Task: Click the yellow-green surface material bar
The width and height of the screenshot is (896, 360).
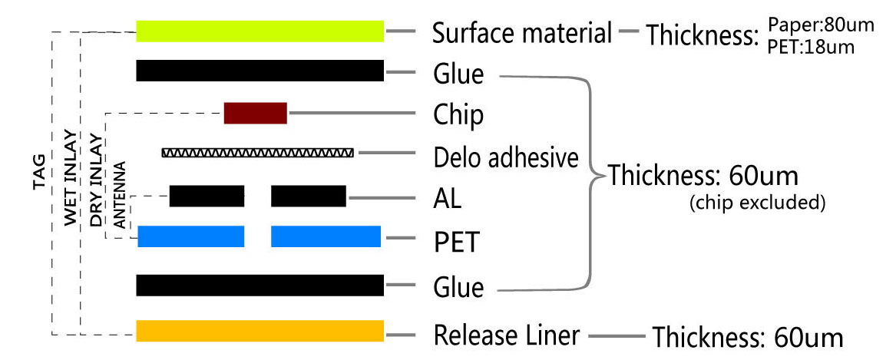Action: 260,31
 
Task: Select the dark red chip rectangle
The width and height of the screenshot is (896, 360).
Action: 255,113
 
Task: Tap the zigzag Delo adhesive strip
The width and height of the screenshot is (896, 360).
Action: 258,153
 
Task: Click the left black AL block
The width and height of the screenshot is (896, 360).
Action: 207,196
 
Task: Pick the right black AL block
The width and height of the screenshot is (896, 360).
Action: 309,196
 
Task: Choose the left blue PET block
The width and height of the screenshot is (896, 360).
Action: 190,236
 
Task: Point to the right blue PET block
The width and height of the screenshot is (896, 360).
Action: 326,236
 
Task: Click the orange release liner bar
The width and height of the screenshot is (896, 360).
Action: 260,331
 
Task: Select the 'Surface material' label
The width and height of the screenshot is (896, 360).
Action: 522,33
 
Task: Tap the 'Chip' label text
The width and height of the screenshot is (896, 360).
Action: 458,115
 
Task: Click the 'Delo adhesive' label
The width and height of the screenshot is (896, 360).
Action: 505,158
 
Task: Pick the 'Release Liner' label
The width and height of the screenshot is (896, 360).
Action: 506,335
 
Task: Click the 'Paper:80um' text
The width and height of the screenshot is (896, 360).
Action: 821,25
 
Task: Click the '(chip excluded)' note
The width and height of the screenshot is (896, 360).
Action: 756,203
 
